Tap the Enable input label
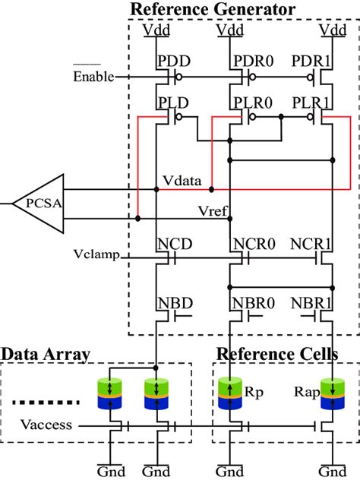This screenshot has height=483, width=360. point(93,77)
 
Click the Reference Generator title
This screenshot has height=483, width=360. point(213,10)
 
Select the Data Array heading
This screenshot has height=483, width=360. point(46,354)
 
